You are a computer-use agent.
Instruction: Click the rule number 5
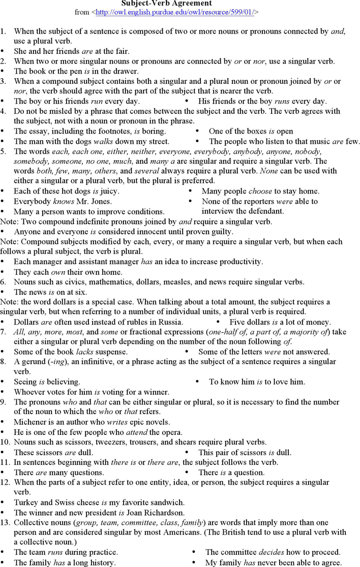pyautogui.click(x=3, y=151)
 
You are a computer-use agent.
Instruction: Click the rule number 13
pyautogui.click(x=5, y=522)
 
